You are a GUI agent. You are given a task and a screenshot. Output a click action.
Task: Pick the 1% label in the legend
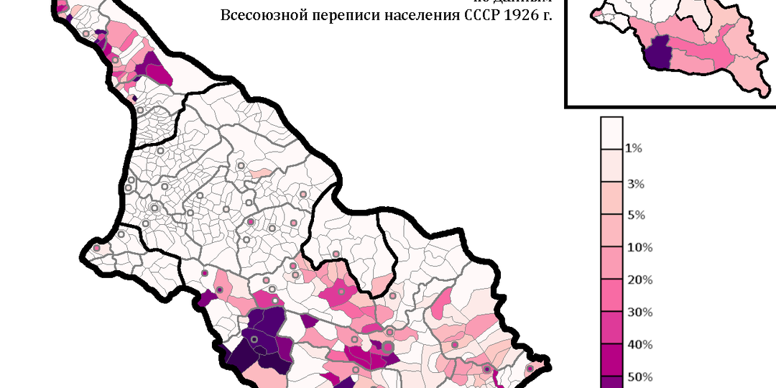coord(634,149)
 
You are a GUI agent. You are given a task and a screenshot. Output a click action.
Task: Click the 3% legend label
coord(635,184)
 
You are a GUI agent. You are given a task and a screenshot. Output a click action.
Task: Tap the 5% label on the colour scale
coord(635,216)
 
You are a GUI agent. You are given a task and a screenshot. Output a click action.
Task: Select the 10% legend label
coord(639,248)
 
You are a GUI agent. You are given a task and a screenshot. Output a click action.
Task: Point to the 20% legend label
coord(639,280)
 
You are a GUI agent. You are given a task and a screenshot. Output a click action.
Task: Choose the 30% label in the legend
coord(639,313)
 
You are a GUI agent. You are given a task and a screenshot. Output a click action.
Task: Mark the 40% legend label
coord(639,345)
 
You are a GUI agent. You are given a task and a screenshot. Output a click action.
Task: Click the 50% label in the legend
coord(639,377)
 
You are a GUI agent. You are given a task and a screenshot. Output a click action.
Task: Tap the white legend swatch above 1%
coord(611,132)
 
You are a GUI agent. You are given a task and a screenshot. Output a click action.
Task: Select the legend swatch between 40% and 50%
coord(611,361)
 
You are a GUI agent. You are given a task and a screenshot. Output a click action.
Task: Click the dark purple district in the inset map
coord(657,53)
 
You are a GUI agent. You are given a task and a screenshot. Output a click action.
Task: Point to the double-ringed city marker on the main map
coord(154,208)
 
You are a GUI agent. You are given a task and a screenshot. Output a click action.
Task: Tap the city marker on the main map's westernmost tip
coord(96,249)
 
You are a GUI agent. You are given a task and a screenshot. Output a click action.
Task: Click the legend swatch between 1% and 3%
coord(611,166)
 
